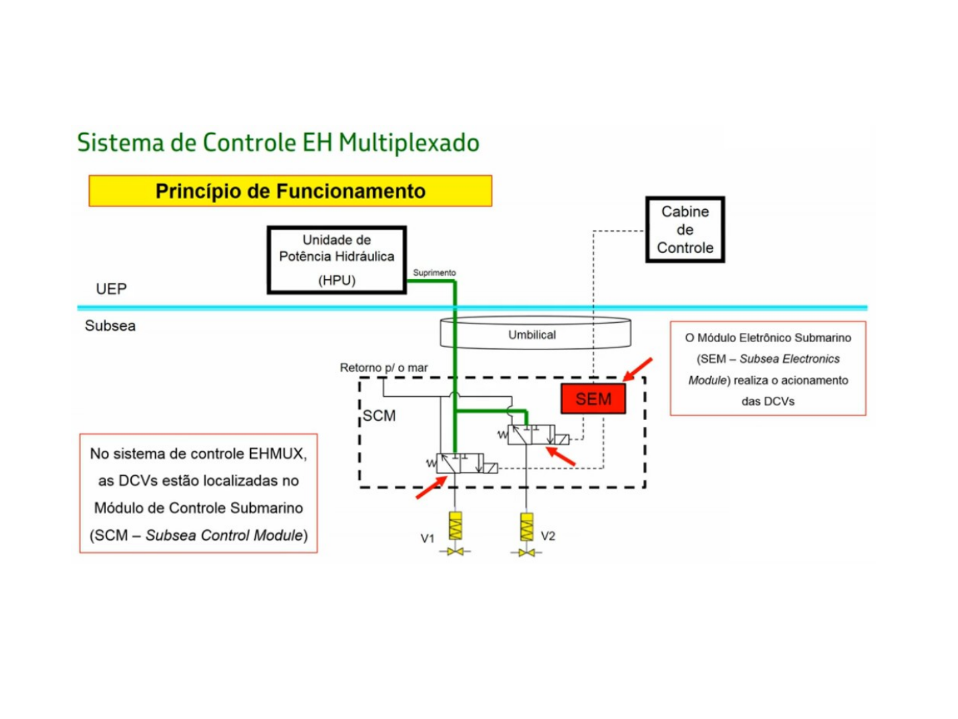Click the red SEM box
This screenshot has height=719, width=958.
point(593,399)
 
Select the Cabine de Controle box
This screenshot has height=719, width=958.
point(685,230)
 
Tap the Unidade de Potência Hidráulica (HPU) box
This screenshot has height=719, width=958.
point(337,260)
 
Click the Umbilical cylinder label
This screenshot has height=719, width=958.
point(532,335)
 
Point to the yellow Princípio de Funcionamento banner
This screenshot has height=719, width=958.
point(290,191)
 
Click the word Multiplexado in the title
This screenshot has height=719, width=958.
point(408,143)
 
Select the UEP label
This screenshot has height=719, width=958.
point(111,289)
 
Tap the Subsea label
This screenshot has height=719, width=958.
point(110,326)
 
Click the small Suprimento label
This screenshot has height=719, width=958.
point(434,273)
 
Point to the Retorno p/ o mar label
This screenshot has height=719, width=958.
point(384,367)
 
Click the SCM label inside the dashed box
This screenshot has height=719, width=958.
point(379,415)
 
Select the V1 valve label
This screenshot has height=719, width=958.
point(427,538)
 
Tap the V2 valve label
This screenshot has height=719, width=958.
point(548,536)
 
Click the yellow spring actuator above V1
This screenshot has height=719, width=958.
point(456,526)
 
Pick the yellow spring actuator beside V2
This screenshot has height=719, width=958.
point(526,526)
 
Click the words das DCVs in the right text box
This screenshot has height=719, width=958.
point(768,401)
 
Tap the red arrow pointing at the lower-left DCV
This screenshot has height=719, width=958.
point(430,487)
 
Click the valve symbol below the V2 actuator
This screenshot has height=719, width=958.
point(526,553)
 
